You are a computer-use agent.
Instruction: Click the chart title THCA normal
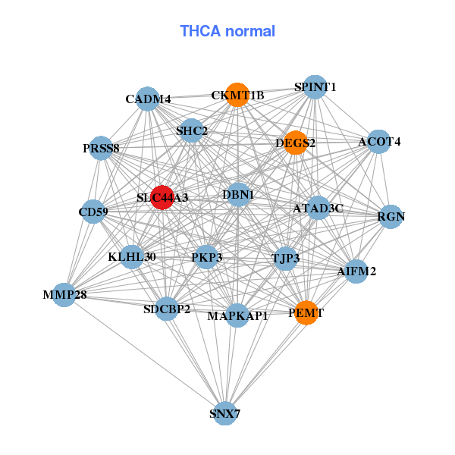pos(227,31)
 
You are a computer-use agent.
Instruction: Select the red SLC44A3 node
pos(162,197)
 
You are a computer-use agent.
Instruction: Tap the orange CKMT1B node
pos(237,95)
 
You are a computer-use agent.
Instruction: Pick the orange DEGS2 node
pos(296,143)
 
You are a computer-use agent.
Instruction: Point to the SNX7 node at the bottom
pos(224,413)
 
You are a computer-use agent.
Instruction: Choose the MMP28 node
pos(64,295)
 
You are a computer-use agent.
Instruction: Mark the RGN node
pos(391,217)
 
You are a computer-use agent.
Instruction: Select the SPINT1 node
pos(315,87)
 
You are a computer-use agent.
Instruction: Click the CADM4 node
pos(149,99)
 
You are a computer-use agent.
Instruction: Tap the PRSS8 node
pos(102,149)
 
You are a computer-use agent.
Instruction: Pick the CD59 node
pos(93,211)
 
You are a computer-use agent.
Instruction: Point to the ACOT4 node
pos(379,142)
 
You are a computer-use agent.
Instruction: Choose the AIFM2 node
pos(356,271)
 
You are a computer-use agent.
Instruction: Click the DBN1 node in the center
pos(238,195)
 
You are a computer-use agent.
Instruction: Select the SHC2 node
pos(191,131)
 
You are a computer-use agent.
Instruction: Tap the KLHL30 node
pos(132,257)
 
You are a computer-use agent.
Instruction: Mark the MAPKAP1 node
pos(237,315)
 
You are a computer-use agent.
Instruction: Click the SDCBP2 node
pos(167,309)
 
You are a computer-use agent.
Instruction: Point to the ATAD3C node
pos(318,208)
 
